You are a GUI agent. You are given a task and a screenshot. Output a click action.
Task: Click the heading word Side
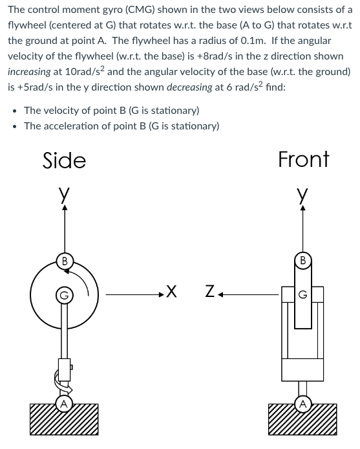click(64, 160)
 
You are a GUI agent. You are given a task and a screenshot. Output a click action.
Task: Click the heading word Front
click(304, 159)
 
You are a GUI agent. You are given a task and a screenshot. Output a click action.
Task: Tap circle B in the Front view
click(302, 261)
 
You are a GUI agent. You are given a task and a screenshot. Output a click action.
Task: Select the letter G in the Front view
click(303, 294)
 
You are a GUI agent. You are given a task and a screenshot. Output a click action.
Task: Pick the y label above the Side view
click(64, 193)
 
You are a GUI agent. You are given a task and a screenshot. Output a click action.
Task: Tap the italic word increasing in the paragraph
click(29, 72)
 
